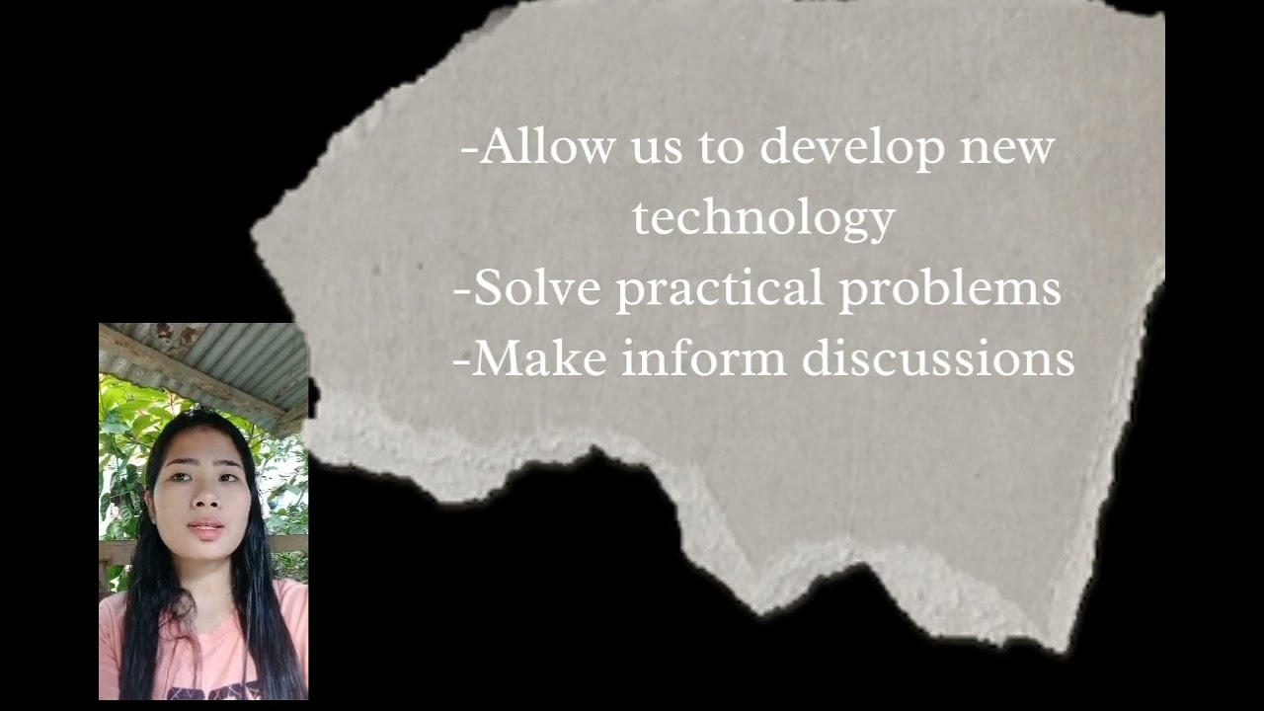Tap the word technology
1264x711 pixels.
[763, 218]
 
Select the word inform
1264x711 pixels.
[704, 358]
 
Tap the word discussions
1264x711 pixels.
[938, 358]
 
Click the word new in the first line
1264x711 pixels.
[1007, 148]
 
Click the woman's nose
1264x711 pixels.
[202, 500]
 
